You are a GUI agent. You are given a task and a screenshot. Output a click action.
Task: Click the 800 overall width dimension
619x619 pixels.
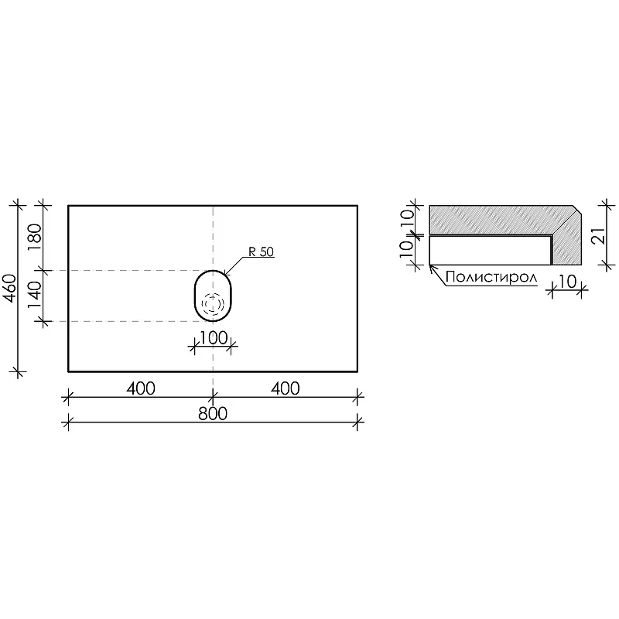click(212, 414)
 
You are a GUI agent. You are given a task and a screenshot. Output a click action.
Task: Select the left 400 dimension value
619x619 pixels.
click(141, 389)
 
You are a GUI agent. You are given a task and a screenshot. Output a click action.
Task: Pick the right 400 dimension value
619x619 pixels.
click(285, 389)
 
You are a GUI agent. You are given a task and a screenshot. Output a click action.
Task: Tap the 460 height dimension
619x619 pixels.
click(10, 288)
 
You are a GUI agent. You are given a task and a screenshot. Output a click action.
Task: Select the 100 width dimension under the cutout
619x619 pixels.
click(214, 338)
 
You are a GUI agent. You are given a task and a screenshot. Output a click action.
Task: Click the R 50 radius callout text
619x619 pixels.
click(261, 252)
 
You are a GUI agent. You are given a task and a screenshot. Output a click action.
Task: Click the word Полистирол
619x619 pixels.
click(491, 278)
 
